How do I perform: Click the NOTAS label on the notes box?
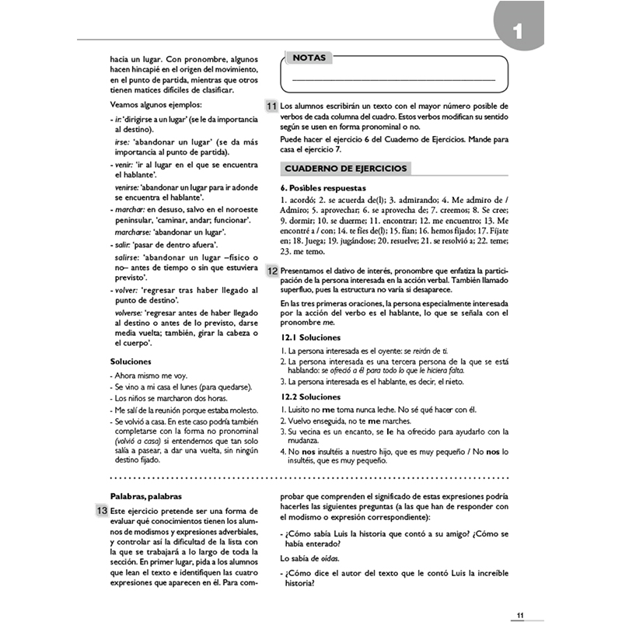[309, 58]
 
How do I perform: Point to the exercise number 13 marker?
[101, 510]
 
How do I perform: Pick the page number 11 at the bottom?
[522, 615]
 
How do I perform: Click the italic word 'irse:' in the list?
[122, 142]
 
